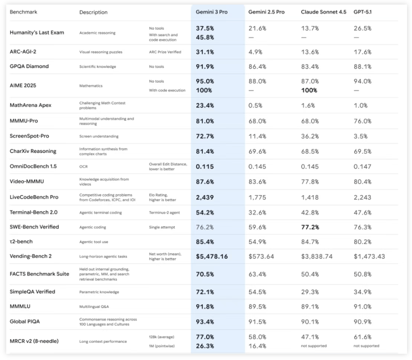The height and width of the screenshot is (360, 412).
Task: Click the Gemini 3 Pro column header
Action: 212,12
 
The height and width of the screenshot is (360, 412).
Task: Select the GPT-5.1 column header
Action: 363,12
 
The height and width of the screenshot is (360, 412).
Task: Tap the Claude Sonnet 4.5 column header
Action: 324,12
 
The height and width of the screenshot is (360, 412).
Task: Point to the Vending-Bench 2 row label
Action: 31,256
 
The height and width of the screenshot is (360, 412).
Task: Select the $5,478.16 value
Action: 212,257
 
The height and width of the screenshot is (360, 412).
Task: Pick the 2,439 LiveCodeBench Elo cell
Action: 205,197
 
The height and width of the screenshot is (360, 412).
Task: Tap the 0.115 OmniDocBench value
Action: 205,167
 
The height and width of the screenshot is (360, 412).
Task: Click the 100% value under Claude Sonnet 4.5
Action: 309,91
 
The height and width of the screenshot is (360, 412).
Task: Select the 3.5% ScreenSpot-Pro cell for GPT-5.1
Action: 361,136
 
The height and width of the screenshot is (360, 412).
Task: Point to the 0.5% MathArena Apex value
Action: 255,105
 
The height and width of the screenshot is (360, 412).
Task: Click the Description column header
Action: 93,12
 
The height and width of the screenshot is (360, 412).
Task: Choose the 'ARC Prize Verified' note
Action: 165,52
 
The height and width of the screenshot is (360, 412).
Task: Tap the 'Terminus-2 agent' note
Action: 164,213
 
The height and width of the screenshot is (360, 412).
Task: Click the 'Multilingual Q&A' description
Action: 95,307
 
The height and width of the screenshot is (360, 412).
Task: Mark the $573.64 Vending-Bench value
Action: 261,257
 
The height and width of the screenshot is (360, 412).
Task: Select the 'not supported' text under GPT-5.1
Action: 366,346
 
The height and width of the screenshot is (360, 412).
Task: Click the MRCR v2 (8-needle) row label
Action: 34,341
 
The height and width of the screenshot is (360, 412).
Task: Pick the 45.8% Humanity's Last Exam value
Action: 205,37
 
